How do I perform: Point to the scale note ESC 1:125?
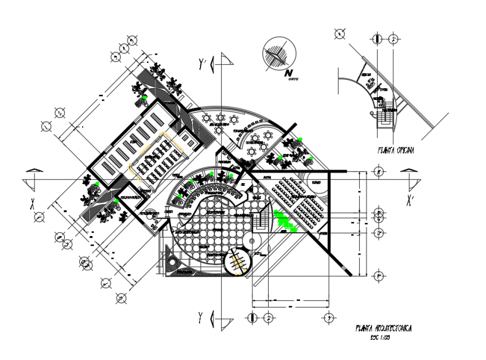380,338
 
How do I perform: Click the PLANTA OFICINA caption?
396,150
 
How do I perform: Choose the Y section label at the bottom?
199,318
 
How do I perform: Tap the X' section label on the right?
410,200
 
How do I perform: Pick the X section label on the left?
32,202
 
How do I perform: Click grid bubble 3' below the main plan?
328,318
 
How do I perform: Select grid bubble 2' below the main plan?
268,318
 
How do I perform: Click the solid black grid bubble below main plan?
252,318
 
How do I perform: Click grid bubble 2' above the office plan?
394,39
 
